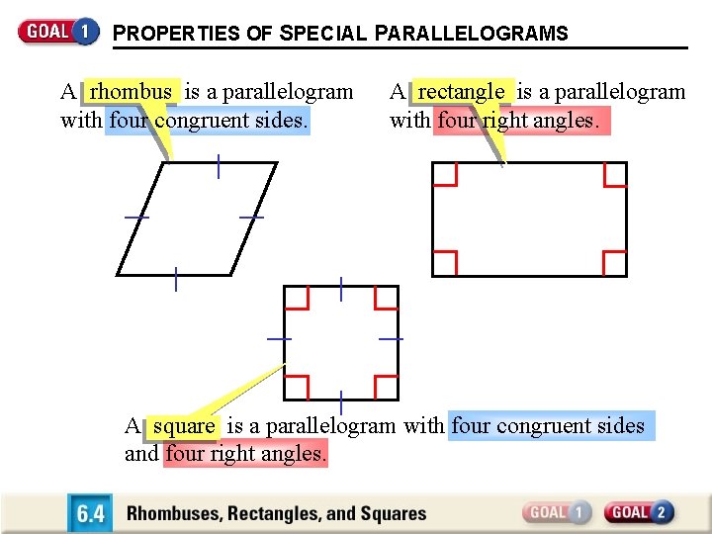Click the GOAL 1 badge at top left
(x=58, y=31)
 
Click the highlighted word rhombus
(x=132, y=92)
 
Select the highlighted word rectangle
(x=461, y=92)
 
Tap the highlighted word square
(x=184, y=426)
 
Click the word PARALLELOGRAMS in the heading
(x=472, y=34)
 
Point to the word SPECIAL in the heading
(x=322, y=34)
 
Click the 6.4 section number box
(x=89, y=513)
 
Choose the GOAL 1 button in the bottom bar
(x=557, y=512)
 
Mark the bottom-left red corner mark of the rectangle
(x=445, y=263)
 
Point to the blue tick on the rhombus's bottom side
(x=175, y=280)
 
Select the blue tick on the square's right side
(x=392, y=339)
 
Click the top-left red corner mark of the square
(x=297, y=298)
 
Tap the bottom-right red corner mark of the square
(x=386, y=387)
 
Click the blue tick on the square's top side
(x=341, y=289)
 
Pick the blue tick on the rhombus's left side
(x=136, y=217)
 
